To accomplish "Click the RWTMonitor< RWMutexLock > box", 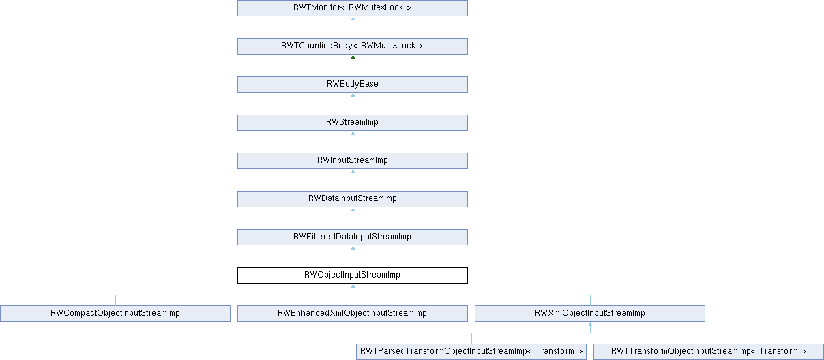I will pyautogui.click(x=352, y=8).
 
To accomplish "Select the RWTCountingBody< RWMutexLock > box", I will pyautogui.click(x=352, y=46).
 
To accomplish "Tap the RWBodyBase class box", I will pyautogui.click(x=352, y=85).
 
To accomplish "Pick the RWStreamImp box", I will pyautogui.click(x=352, y=123).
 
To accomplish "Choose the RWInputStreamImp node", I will pyautogui.click(x=352, y=161).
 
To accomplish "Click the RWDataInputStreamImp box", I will pyautogui.click(x=352, y=199).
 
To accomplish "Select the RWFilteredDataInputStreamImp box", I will pyautogui.click(x=352, y=237).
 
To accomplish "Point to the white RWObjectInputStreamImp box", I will pyautogui.click(x=352, y=275).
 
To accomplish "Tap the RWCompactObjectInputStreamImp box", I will pyautogui.click(x=115, y=314).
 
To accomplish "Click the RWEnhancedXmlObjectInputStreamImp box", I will pyautogui.click(x=352, y=314).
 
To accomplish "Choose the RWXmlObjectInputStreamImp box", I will pyautogui.click(x=589, y=314).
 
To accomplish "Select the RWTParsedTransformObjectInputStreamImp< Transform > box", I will pyautogui.click(x=471, y=352).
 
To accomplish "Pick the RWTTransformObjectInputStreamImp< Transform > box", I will pyautogui.click(x=709, y=352).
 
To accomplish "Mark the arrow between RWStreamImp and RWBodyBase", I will pyautogui.click(x=353, y=104).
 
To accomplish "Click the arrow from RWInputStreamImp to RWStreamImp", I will pyautogui.click(x=353, y=142).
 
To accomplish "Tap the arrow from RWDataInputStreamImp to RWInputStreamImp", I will pyautogui.click(x=353, y=180).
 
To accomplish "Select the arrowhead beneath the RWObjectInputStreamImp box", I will pyautogui.click(x=353, y=287).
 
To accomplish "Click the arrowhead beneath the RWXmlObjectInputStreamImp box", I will pyautogui.click(x=590, y=325).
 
